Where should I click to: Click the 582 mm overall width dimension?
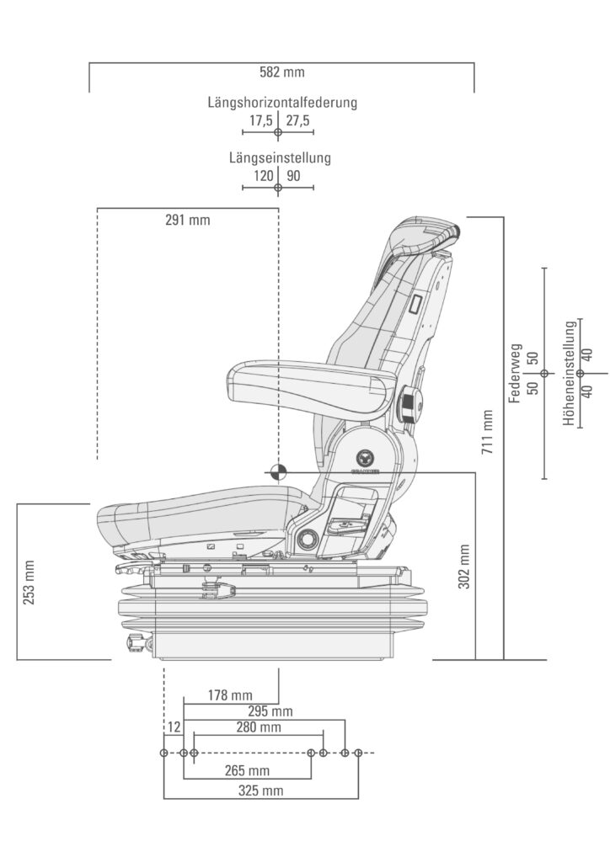click(x=282, y=72)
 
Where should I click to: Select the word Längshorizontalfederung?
click(x=282, y=103)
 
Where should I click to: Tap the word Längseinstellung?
click(x=280, y=157)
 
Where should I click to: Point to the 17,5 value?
click(x=260, y=121)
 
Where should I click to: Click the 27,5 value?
click(x=297, y=121)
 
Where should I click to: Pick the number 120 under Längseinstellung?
click(x=264, y=176)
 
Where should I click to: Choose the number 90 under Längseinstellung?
click(x=293, y=176)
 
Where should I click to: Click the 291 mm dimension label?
click(x=187, y=221)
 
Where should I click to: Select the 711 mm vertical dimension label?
click(x=487, y=432)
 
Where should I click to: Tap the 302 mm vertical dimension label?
click(x=464, y=567)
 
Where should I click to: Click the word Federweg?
click(x=516, y=373)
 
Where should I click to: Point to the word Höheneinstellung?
click(x=570, y=373)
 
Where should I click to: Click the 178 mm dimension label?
click(x=229, y=694)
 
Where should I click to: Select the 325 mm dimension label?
click(x=260, y=790)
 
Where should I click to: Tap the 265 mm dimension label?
click(x=247, y=770)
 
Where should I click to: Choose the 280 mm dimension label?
click(x=258, y=727)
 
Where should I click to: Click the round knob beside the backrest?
click(x=410, y=403)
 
